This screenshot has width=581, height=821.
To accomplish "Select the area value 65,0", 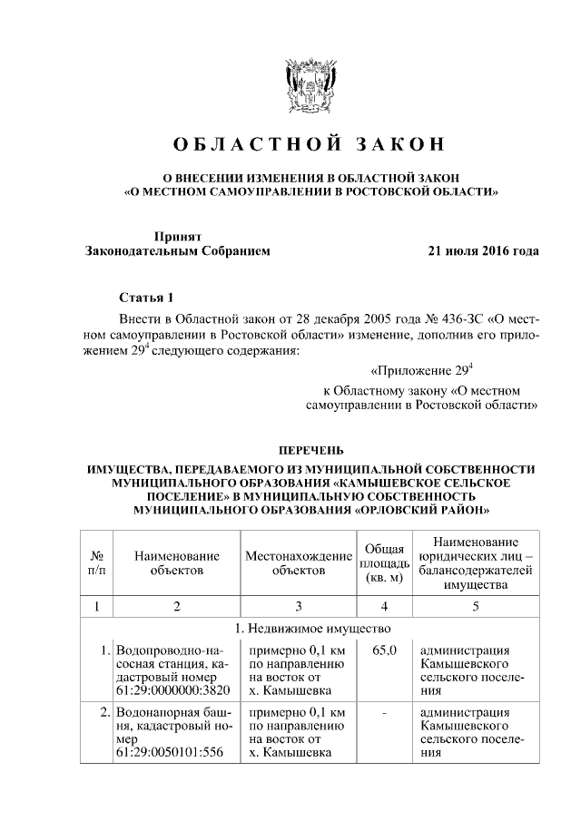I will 384,650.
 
